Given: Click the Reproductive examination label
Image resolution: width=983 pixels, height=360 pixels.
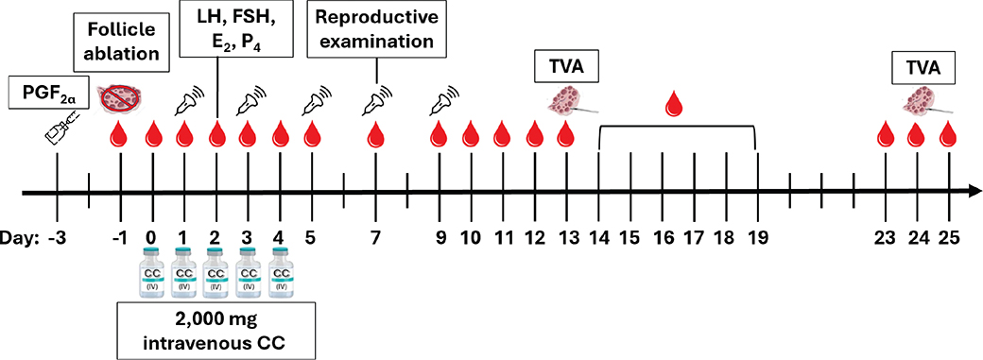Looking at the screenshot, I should point(375,30).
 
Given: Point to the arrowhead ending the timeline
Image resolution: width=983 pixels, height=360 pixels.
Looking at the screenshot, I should point(972,193).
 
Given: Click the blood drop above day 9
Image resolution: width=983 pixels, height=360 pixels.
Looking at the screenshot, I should point(438,134).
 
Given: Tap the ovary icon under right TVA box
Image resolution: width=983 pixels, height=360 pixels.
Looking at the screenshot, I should point(923,101).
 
